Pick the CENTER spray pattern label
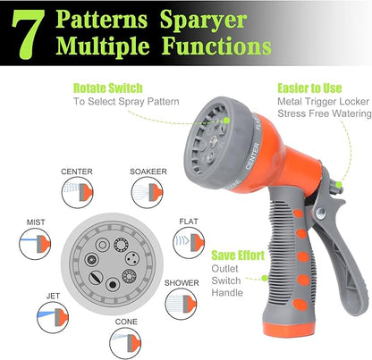click(76, 172)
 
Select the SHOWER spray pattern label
click(182, 283)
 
